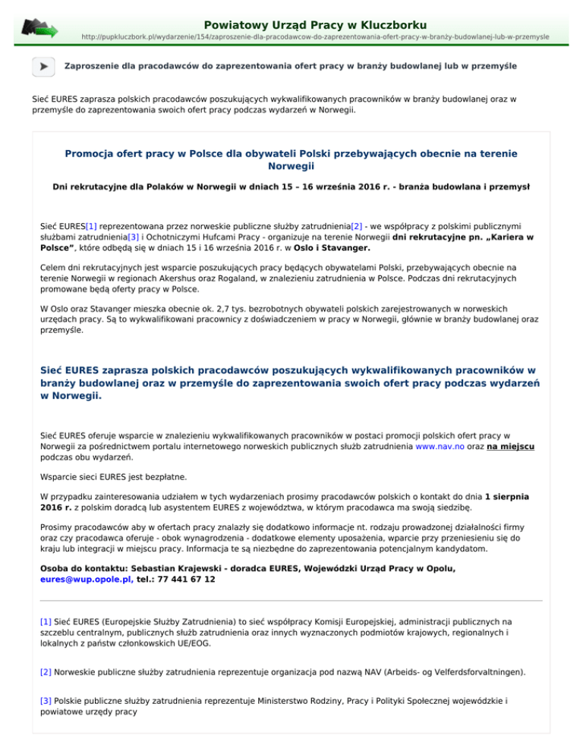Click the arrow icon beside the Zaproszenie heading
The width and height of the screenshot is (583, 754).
point(43,67)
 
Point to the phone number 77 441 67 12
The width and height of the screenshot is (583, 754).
point(187,579)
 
